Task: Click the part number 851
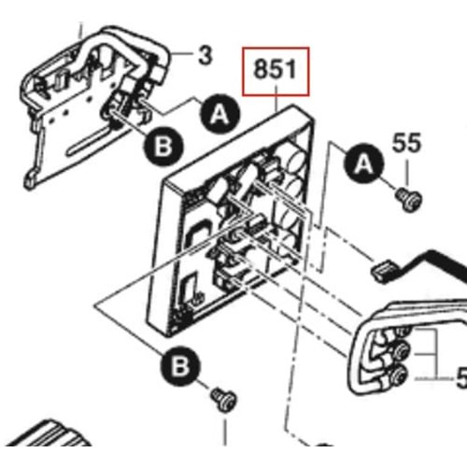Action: click(x=276, y=70)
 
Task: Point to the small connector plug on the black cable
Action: click(x=379, y=271)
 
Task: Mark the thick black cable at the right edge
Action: click(x=439, y=256)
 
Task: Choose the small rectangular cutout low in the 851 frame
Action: click(x=190, y=286)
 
